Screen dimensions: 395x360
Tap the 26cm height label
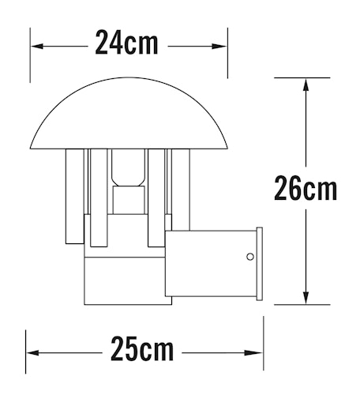pos(306,190)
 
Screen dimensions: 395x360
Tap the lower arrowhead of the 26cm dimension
pos(305,298)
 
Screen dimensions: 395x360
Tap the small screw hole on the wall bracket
pos(250,257)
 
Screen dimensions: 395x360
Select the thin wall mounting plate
pos(258,265)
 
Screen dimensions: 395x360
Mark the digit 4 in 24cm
pos(114,43)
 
